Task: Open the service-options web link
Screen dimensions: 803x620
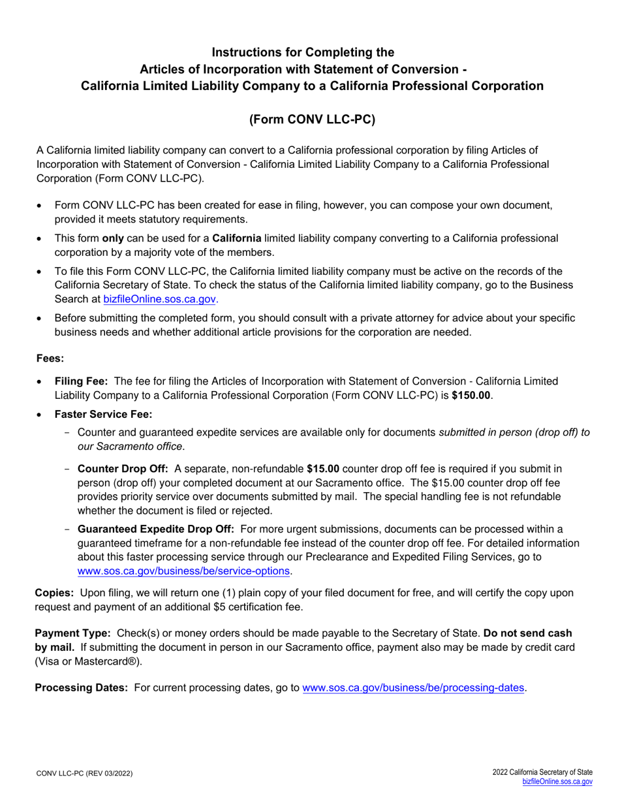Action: tap(183, 571)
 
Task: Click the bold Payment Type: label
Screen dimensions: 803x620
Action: tap(72, 633)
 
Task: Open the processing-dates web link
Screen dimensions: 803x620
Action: tap(413, 688)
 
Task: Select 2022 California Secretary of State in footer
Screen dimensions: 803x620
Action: tap(542, 772)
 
